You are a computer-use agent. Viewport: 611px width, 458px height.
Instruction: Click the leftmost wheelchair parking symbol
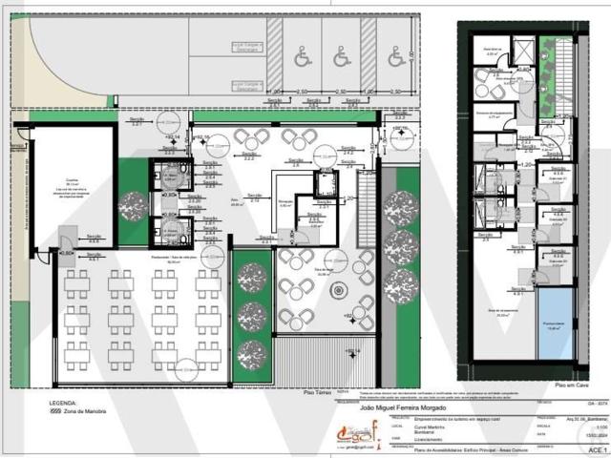303,58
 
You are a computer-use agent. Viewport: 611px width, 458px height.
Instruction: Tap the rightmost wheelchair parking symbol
395,58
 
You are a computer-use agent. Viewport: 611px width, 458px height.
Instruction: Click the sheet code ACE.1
595,448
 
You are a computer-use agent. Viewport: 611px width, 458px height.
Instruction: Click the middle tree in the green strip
252,316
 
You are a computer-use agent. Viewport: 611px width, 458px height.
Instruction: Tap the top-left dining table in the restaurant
77,281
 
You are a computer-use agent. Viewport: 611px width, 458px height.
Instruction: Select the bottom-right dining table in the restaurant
207,356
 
